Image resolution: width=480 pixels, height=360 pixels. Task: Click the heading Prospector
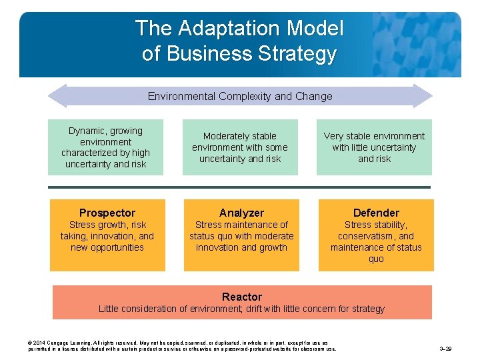[x=107, y=213]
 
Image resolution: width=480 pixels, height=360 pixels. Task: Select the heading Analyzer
[x=241, y=213]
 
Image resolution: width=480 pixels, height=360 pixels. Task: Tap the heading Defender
[x=376, y=213]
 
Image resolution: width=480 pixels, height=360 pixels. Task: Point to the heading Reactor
[x=241, y=297]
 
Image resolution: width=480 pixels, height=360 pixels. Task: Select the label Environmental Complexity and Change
[x=240, y=96]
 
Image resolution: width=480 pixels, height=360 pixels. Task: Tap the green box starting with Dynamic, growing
[x=105, y=147]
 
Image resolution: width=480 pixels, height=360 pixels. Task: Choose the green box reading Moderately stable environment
[x=240, y=147]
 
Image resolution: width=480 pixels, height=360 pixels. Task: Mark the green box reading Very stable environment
[x=374, y=147]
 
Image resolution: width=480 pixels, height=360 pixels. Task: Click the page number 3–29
[x=447, y=348]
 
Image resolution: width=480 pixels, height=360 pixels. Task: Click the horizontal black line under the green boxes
[x=240, y=187]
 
